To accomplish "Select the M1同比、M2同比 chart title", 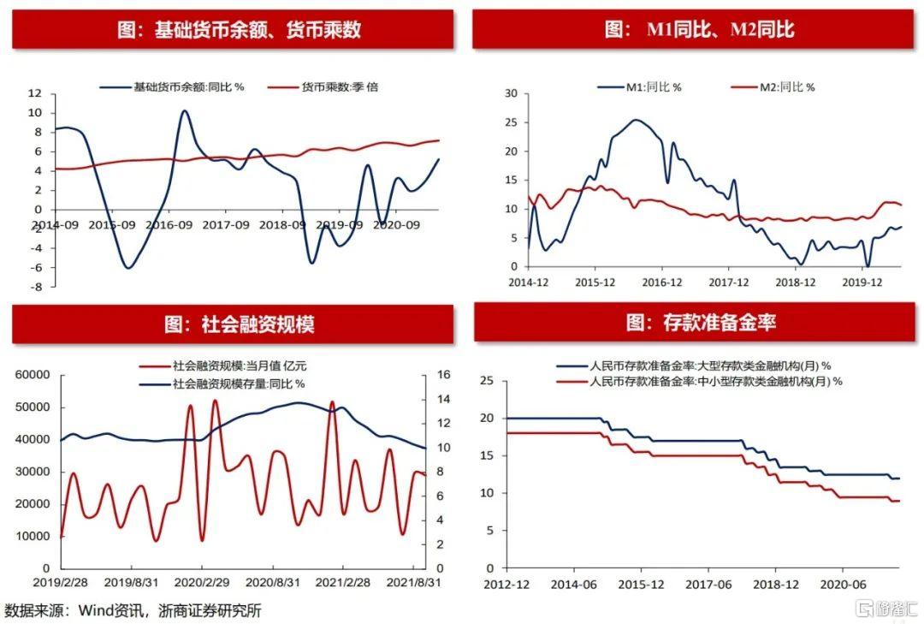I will pos(699,30).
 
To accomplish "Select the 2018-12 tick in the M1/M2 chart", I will pos(795,281).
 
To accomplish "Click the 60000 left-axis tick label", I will pos(33,375).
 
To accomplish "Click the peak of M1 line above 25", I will pos(636,120).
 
